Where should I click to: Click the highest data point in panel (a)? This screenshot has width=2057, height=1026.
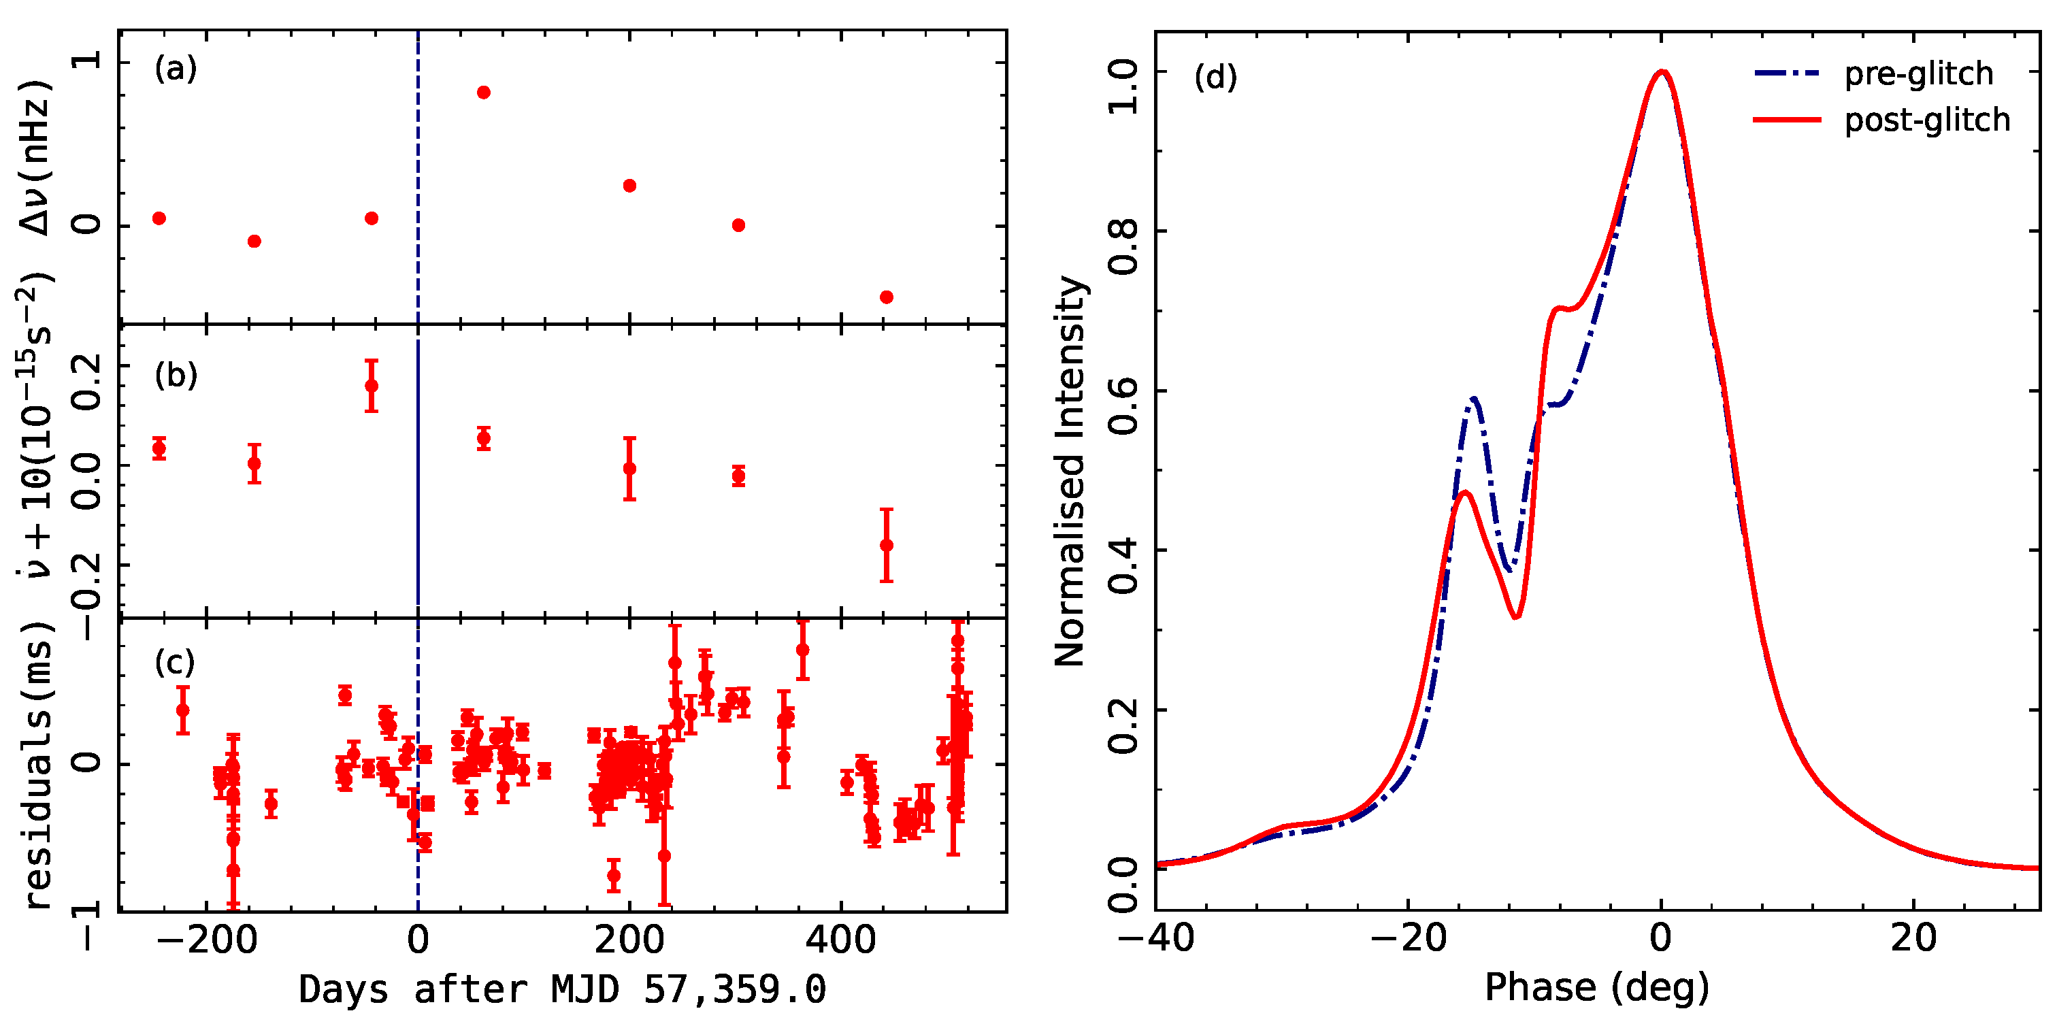click(x=483, y=93)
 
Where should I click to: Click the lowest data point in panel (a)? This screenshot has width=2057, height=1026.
click(x=885, y=297)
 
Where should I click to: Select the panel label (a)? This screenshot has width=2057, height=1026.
click(x=176, y=69)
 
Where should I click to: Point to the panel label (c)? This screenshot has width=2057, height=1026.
click(x=175, y=663)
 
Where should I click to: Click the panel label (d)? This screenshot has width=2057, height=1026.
click(x=1215, y=78)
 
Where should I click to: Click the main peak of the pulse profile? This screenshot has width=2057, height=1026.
click(x=1661, y=72)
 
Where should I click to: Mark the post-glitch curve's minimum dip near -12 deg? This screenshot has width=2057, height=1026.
click(x=1515, y=616)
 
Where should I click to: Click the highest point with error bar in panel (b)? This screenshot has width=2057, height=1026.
click(x=372, y=386)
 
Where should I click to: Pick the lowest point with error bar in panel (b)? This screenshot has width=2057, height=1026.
click(x=885, y=546)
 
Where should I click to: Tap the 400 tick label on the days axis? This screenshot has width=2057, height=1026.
click(x=841, y=940)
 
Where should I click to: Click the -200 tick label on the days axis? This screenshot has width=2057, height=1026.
click(x=207, y=940)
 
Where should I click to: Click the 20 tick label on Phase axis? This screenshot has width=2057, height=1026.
click(x=1913, y=938)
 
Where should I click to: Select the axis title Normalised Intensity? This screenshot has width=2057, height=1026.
click(x=1070, y=471)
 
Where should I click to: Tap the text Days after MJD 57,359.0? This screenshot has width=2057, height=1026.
click(x=562, y=991)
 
